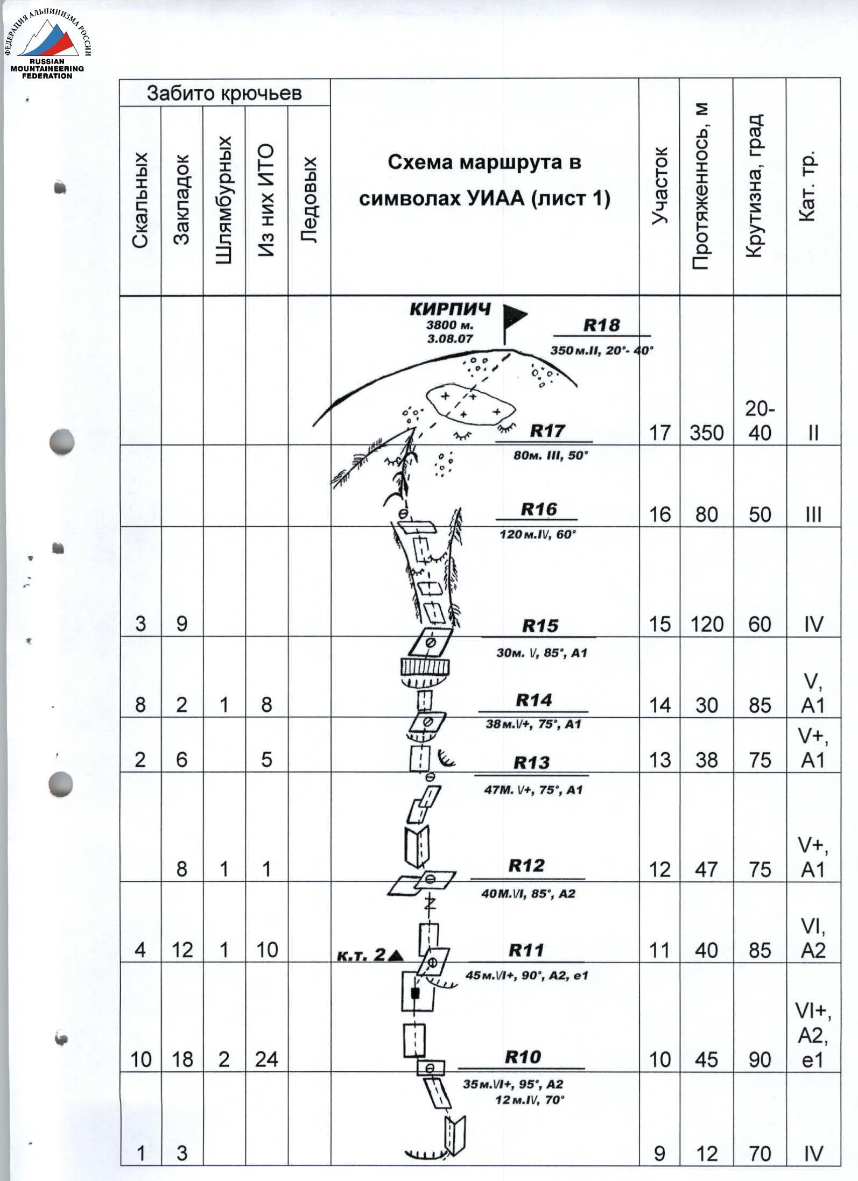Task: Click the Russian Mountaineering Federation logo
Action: coord(48,45)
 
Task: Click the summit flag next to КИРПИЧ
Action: coord(514,323)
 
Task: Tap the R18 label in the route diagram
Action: coord(601,325)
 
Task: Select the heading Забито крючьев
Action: coord(224,93)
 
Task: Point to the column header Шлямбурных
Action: coord(224,200)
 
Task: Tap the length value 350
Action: coord(706,433)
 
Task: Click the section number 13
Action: coord(660,760)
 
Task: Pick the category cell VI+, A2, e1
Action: coord(813,1035)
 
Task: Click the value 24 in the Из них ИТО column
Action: coord(266,1059)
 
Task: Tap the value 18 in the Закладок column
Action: coord(182,1059)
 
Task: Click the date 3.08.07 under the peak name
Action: coord(450,338)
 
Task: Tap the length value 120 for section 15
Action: coord(706,624)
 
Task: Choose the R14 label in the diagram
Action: coord(533,699)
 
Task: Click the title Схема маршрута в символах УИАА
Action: coord(484,180)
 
